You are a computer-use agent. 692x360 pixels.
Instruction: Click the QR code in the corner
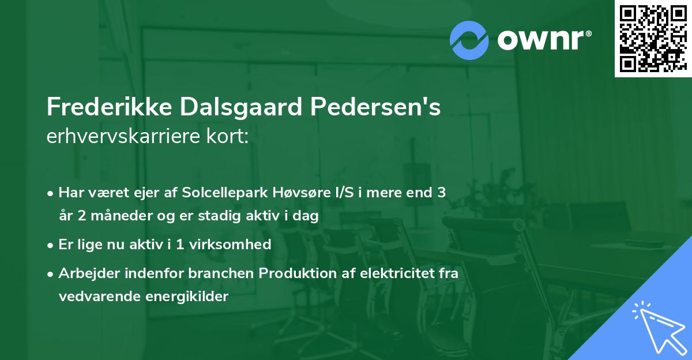[652, 38]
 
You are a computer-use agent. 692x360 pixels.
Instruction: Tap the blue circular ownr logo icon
[469, 39]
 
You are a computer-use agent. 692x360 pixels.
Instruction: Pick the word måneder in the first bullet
[112, 216]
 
